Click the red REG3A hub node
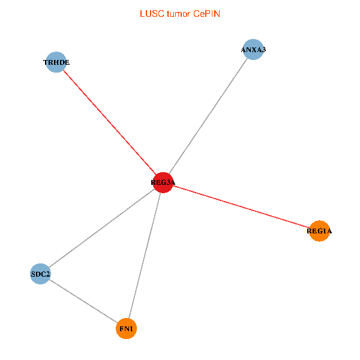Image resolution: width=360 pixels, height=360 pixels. tap(163, 182)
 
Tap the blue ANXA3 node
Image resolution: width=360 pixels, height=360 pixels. tap(253, 50)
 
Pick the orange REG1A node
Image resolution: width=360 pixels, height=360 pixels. tap(320, 231)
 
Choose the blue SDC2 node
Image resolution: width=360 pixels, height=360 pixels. tap(40, 274)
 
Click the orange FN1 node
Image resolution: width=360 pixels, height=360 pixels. tap(127, 329)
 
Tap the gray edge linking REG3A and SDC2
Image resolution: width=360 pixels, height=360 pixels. tap(102, 228)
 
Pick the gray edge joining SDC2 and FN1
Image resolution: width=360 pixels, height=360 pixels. tap(83, 301)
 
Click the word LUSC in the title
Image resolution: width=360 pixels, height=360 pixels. tap(151, 13)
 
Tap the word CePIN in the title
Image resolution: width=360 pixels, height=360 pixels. tap(206, 13)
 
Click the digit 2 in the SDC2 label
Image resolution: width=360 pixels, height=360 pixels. tap(48, 275)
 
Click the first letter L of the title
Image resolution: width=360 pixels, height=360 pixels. tap(142, 13)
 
